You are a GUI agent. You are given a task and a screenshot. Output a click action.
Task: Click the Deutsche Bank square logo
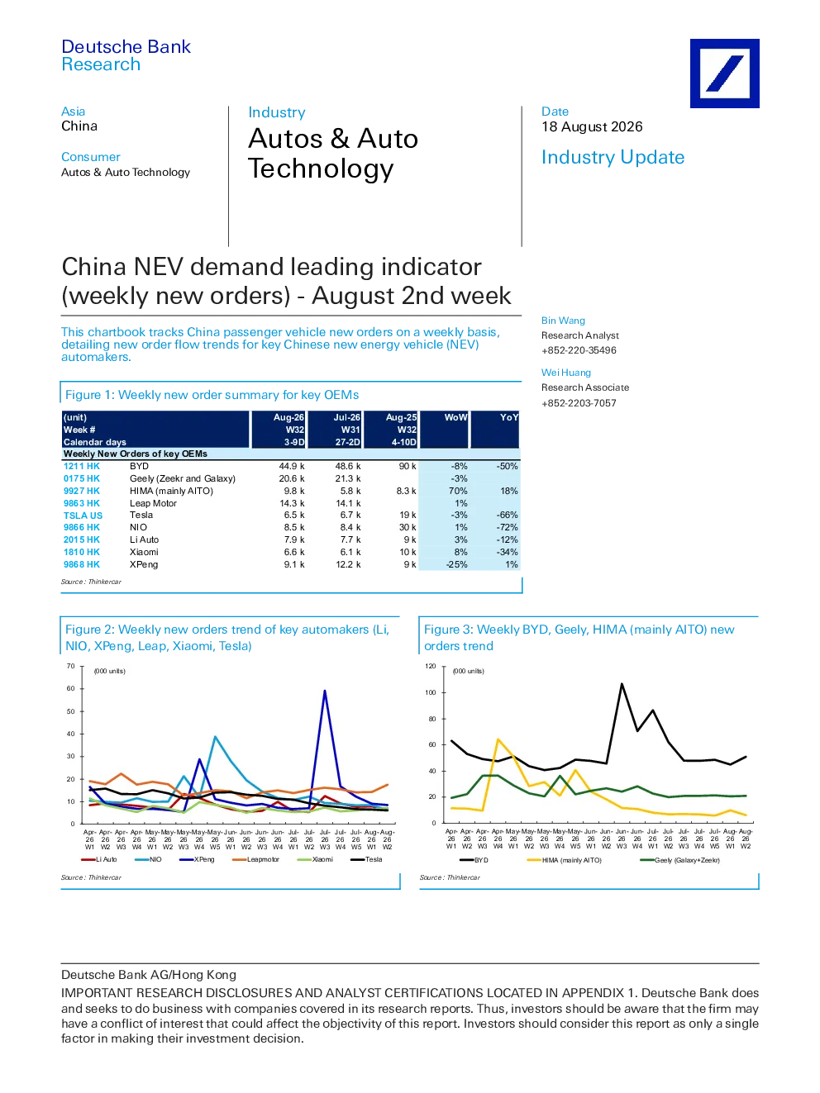click(724, 74)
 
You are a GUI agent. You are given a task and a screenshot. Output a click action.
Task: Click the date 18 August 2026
click(592, 127)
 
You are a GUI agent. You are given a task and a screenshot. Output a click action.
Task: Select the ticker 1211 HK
click(81, 466)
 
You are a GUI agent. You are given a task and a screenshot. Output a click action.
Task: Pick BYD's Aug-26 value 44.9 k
click(292, 466)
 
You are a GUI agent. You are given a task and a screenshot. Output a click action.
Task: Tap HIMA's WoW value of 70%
click(457, 491)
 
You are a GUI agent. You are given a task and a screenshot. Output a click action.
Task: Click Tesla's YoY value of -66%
click(508, 515)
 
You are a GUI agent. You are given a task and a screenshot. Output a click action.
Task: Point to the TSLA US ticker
click(83, 516)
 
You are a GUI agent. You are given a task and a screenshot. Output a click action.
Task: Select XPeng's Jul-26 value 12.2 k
click(347, 564)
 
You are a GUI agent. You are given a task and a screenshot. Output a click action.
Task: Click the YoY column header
click(509, 417)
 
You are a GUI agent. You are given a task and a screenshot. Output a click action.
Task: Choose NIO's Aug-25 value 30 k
click(408, 527)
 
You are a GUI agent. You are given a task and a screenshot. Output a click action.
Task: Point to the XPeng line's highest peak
click(325, 691)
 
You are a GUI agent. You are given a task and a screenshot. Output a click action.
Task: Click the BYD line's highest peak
click(622, 684)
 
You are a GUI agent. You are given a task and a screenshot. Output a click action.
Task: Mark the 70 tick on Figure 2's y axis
click(71, 666)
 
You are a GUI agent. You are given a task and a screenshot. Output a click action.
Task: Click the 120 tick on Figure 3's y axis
click(431, 666)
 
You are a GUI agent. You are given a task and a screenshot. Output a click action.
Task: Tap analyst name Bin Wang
click(563, 321)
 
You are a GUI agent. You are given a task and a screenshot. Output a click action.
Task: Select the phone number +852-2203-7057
click(579, 403)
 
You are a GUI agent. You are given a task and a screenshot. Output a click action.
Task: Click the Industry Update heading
click(613, 157)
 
